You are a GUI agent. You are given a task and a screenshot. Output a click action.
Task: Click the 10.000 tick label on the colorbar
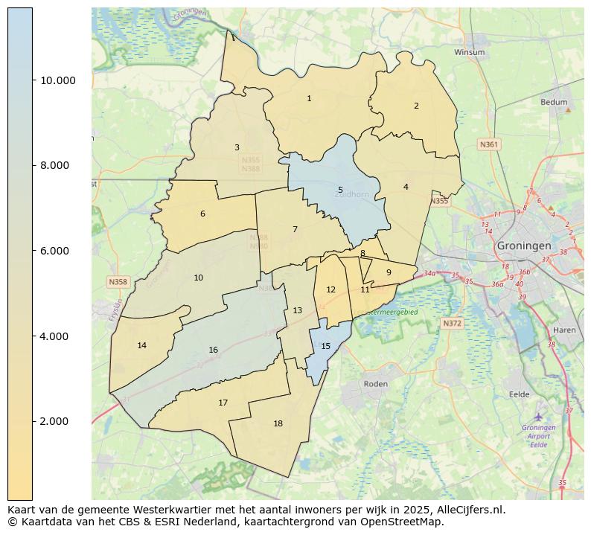(x=57, y=80)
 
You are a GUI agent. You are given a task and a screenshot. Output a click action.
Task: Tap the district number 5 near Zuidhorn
(x=340, y=190)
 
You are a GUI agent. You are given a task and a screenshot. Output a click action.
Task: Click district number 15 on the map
(x=325, y=347)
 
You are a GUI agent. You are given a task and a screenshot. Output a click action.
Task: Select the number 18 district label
(x=278, y=424)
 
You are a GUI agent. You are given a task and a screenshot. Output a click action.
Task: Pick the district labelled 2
(x=416, y=106)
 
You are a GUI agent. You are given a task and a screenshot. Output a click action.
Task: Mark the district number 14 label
(x=141, y=345)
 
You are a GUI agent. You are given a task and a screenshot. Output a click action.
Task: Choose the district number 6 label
(x=202, y=214)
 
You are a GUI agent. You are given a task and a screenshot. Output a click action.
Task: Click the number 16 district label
(x=213, y=350)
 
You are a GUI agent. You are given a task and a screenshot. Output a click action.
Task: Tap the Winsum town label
(x=469, y=52)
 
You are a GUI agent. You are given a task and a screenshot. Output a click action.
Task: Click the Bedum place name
(x=554, y=102)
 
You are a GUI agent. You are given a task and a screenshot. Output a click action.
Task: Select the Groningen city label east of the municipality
(x=524, y=246)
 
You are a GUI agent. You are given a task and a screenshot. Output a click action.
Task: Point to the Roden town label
(x=375, y=384)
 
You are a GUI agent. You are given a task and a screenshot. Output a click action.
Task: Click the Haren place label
(x=564, y=330)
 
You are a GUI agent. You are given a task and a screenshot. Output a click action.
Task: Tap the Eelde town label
(x=519, y=394)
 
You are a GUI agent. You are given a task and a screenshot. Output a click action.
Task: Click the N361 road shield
(x=489, y=144)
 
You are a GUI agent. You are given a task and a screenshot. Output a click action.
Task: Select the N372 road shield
(x=452, y=324)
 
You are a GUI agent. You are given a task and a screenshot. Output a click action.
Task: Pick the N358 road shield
(x=118, y=282)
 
